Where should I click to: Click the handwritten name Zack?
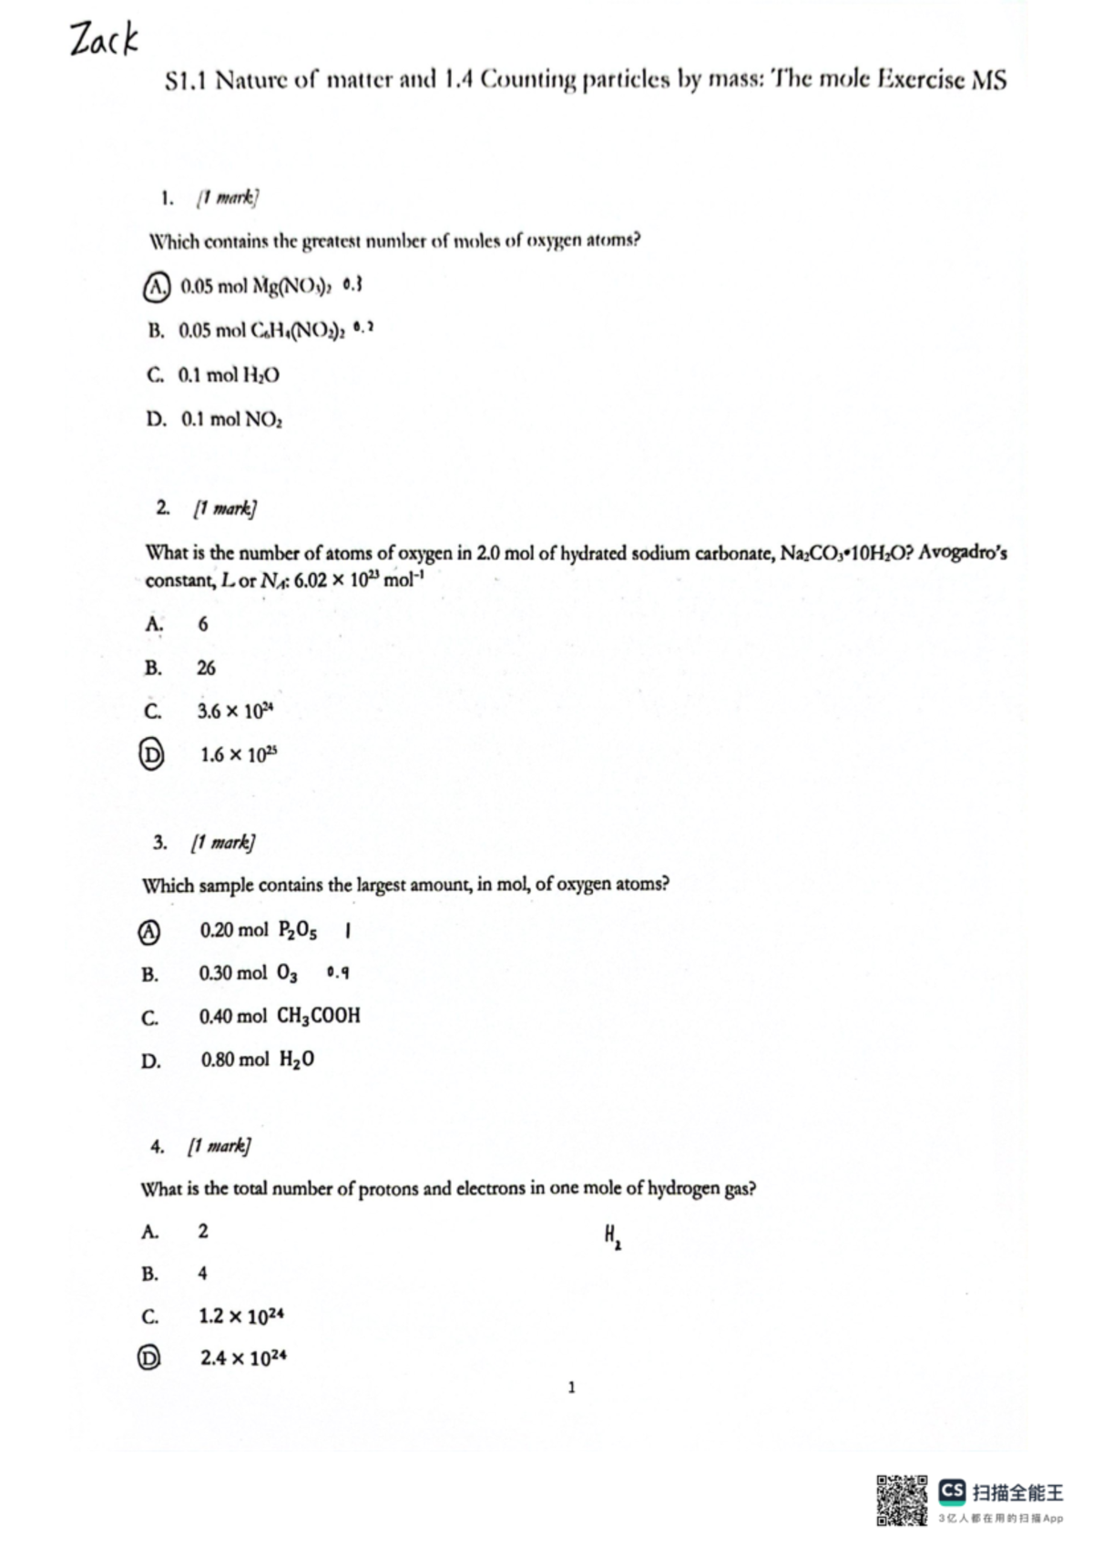pos(103,40)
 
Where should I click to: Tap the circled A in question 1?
pos(157,287)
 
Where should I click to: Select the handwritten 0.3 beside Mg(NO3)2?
pos(352,285)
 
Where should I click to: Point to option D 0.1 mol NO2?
pos(215,419)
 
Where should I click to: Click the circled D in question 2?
pos(151,754)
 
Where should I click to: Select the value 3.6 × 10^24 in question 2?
pos(235,711)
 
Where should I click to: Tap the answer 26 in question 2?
pos(207,668)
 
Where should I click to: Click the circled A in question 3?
pos(148,931)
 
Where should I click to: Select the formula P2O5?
pos(298,930)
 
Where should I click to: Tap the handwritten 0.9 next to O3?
pos(337,973)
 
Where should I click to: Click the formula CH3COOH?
pos(319,1016)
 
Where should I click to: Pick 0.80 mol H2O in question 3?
pos(258,1060)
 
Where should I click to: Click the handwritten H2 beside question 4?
pos(612,1236)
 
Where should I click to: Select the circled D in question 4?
pos(148,1358)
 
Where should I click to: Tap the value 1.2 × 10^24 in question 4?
pos(241,1316)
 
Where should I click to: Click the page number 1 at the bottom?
pos(571,1388)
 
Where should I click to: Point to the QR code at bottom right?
pos(902,1500)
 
